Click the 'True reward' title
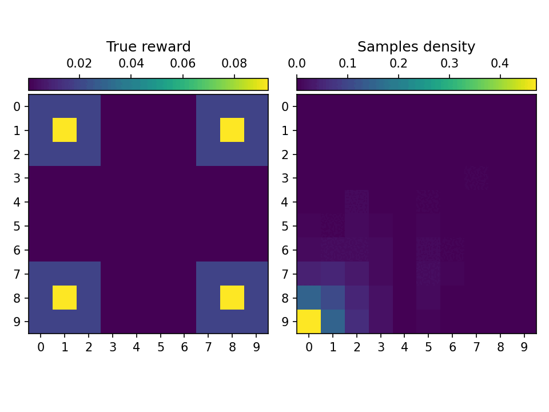coord(148,47)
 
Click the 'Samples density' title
coord(416,47)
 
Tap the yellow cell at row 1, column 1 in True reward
coord(65,130)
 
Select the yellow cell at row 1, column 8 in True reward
coord(232,130)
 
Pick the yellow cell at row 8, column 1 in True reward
coord(65,298)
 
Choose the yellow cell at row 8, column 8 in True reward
coord(232,298)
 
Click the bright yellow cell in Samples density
coord(309,322)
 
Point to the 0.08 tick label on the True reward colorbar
coord(234,63)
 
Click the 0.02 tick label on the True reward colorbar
coord(79,63)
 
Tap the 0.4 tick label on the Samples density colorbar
coord(500,63)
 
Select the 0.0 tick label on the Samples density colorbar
coord(297,63)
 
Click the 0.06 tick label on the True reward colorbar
coord(183,63)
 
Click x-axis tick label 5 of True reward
coord(160,347)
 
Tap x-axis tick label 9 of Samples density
coord(524,347)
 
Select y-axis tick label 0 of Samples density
coord(287,106)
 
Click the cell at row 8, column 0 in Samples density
coord(309,298)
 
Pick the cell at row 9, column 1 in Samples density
coord(333,322)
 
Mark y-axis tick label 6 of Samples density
coord(287,250)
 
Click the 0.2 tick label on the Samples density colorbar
coord(399,63)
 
